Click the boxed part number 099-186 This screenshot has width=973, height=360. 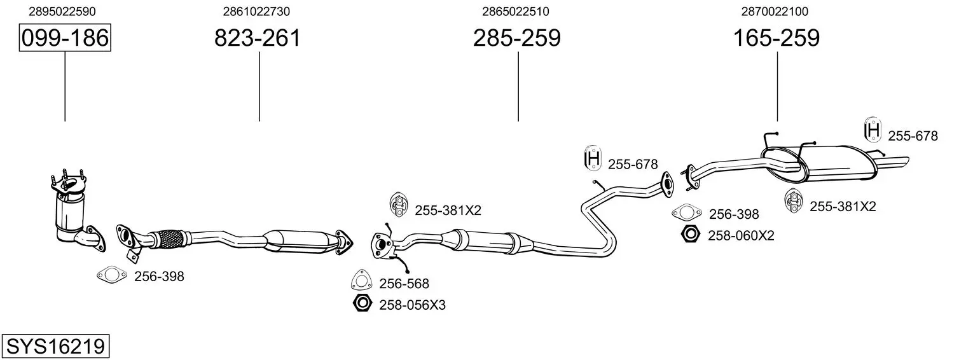pos(65,38)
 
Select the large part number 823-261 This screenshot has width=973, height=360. pos(258,38)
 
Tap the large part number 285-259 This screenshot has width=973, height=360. pos(517,38)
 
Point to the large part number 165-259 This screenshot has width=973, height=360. pos(776,38)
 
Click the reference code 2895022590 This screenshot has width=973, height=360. pos(62,11)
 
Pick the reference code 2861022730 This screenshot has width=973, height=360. pos(256,11)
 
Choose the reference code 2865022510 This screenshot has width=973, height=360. pos(516,11)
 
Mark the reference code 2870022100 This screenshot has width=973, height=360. pos(775,11)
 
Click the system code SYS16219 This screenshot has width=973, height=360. pos(55,346)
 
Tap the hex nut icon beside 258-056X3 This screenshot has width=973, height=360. pos(362,303)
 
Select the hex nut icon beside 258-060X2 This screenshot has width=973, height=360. pos(690,234)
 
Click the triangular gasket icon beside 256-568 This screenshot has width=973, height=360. pos(361,280)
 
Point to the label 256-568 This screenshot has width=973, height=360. pos(404,284)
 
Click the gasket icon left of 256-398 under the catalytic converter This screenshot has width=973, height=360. pos(112,275)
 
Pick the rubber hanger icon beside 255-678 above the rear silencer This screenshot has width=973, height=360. pos(873,129)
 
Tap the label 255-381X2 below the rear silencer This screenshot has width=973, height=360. pos(843,206)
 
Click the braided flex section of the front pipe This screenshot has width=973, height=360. pos(169,239)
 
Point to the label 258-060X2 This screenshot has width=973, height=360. pos(741,236)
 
